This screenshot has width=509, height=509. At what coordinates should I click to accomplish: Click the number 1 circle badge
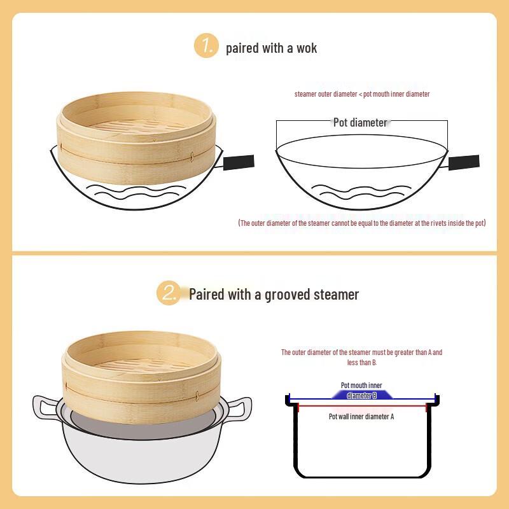click(206, 46)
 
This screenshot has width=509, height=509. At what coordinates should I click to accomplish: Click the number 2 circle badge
click(169, 293)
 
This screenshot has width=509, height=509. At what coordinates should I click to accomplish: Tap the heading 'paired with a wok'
click(272, 48)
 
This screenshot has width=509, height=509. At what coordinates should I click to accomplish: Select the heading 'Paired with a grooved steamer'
click(274, 295)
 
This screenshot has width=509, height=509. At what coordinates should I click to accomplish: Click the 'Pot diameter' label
click(360, 122)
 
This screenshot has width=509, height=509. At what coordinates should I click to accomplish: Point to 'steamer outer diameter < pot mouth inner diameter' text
click(361, 94)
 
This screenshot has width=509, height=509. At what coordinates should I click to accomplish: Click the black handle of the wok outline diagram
click(464, 162)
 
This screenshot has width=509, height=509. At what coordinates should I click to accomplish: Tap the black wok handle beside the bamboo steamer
click(239, 162)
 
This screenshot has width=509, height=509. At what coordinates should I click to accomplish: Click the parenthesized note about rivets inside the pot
click(361, 223)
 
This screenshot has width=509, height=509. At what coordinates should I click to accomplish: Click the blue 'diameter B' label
click(361, 395)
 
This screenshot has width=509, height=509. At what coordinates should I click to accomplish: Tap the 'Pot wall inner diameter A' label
click(361, 416)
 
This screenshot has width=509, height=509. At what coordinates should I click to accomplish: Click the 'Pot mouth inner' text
click(361, 386)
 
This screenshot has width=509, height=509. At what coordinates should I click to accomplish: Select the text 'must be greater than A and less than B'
click(361, 357)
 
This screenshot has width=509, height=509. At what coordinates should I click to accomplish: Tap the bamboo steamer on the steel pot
click(143, 369)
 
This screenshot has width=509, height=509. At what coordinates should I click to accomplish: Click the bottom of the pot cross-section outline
click(361, 476)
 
